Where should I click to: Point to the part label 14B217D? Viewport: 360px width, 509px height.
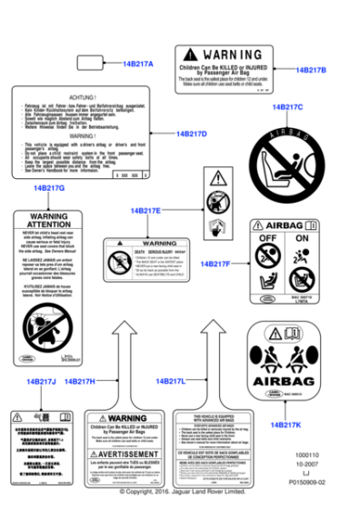coord(190,134)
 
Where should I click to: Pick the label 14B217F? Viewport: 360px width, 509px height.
coord(216,264)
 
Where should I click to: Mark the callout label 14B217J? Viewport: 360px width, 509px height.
coord(41,381)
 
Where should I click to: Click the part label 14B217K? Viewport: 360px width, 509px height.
coord(285,424)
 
